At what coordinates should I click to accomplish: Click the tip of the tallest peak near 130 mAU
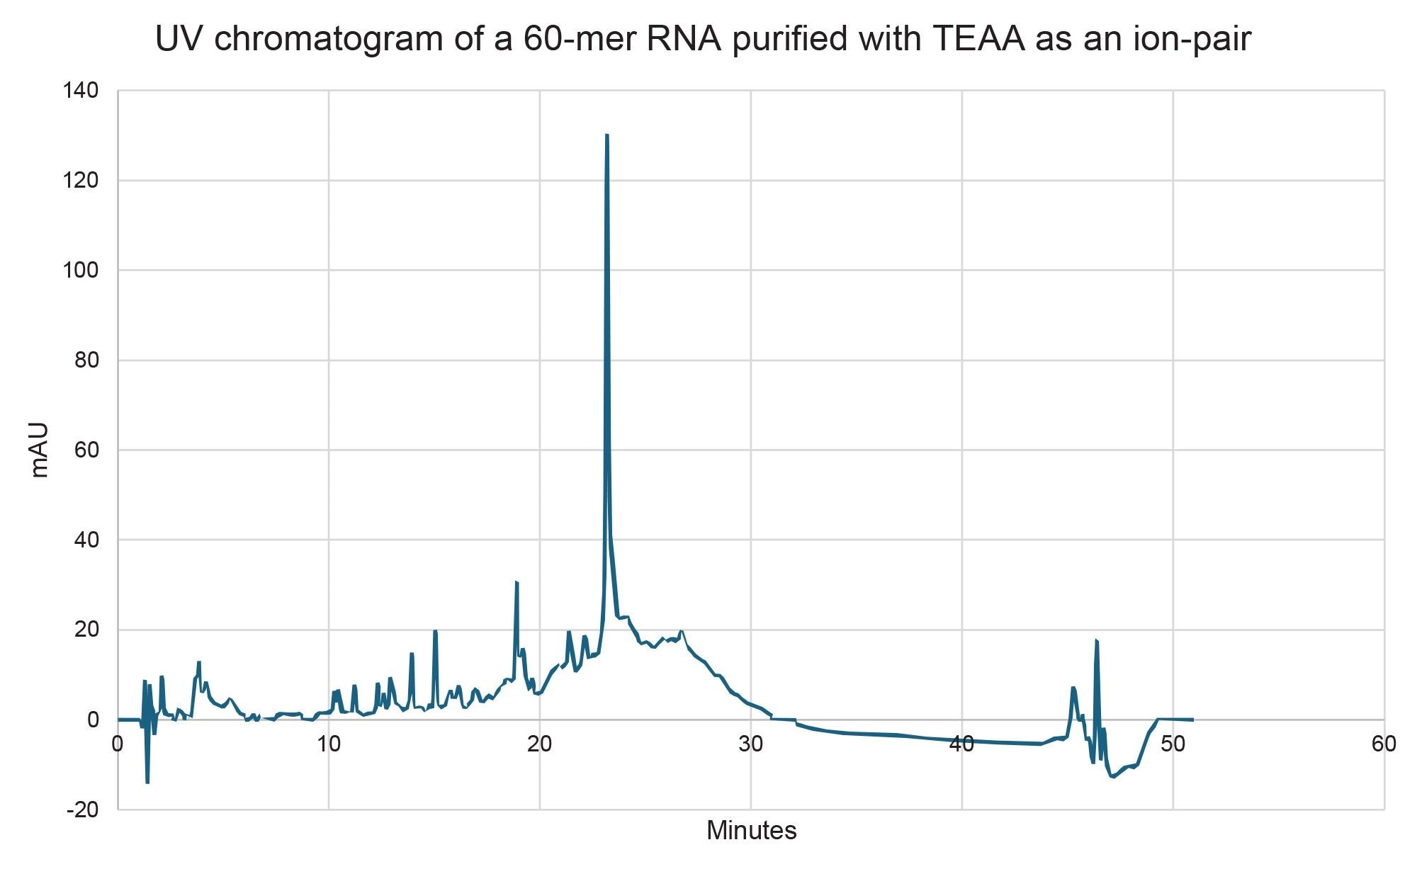(606, 135)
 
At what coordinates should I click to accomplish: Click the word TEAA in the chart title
(978, 39)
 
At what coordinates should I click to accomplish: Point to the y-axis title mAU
(40, 450)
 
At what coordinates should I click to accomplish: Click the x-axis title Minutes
(751, 830)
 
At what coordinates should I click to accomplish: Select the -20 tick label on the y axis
(82, 810)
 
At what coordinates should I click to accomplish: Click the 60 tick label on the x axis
(1383, 744)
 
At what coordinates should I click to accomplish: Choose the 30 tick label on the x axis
(750, 744)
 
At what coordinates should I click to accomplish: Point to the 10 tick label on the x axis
(329, 744)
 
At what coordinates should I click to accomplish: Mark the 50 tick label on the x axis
(1173, 744)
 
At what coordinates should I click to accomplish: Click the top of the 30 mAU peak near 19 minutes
(516, 582)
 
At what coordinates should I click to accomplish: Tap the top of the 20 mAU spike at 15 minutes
(435, 631)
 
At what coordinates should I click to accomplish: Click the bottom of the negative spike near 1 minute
(147, 782)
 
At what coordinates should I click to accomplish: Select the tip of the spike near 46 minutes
(1096, 641)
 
